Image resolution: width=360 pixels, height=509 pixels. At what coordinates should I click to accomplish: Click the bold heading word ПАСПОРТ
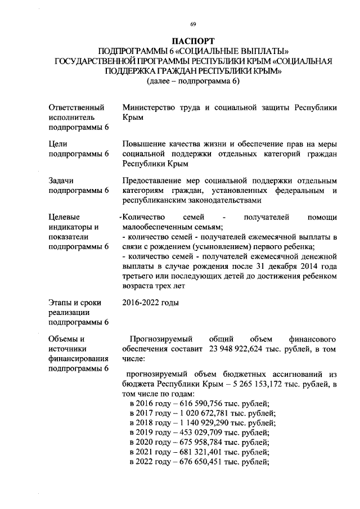193,42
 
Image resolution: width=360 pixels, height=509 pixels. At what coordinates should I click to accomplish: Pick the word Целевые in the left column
65,217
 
